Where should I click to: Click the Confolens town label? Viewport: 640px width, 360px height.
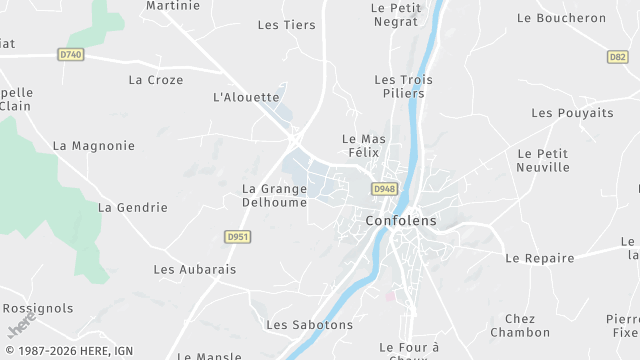(x=400, y=221)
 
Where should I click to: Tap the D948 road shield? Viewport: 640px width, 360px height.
(x=384, y=189)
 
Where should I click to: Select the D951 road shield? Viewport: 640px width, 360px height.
(x=238, y=237)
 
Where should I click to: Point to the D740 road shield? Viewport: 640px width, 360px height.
(x=71, y=54)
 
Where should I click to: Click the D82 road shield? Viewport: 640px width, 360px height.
(x=618, y=57)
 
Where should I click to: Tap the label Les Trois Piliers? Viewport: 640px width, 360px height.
(x=399, y=87)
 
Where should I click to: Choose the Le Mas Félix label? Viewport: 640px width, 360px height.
(x=364, y=146)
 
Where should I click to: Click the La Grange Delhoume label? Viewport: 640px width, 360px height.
(x=275, y=195)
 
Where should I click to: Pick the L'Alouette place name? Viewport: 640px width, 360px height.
(x=246, y=97)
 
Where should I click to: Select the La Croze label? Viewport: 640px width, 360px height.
(x=156, y=79)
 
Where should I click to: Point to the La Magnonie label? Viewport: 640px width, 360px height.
(x=93, y=146)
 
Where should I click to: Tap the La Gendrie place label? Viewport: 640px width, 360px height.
(x=132, y=208)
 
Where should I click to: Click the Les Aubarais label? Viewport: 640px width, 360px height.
(x=194, y=270)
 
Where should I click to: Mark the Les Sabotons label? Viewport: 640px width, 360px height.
(x=309, y=325)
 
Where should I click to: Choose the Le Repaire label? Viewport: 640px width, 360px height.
(x=540, y=258)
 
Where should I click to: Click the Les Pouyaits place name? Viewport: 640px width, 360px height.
(x=572, y=113)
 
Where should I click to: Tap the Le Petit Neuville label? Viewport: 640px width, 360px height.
(x=543, y=160)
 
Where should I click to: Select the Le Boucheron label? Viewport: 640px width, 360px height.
(x=561, y=18)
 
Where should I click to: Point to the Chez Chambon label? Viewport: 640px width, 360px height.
(x=520, y=325)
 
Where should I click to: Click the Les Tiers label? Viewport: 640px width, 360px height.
(x=286, y=25)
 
